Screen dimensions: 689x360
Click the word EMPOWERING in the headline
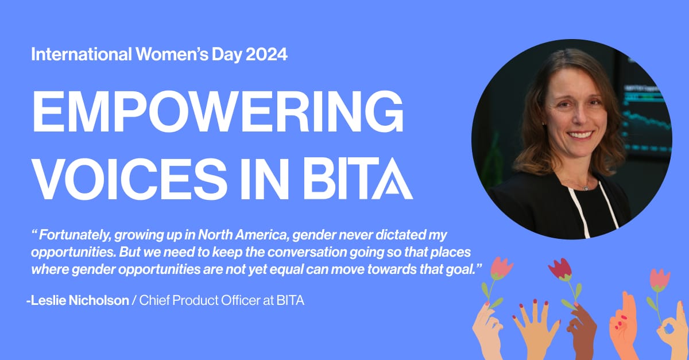click(x=218, y=111)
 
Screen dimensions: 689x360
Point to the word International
click(x=82, y=54)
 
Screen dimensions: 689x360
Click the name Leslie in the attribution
click(x=48, y=300)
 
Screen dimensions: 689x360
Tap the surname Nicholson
click(x=99, y=300)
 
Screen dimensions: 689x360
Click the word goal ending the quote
click(x=460, y=270)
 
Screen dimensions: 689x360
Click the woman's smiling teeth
click(x=580, y=135)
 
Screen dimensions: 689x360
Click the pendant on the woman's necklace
click(x=586, y=188)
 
